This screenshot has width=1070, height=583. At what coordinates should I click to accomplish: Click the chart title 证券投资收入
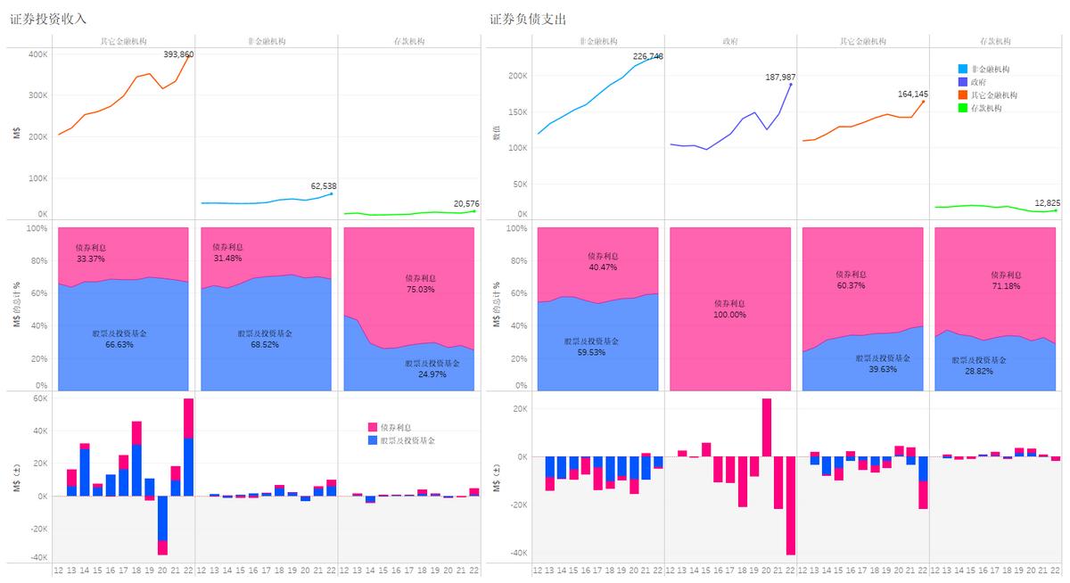coord(48,19)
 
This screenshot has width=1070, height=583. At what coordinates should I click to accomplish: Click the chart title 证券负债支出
coord(528,19)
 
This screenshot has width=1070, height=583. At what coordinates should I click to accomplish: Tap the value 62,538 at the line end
coord(324,186)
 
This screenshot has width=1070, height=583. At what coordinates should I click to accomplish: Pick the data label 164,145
coord(913,94)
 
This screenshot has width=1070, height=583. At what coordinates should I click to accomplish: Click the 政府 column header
coord(729,41)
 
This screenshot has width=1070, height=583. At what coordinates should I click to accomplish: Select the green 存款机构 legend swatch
coord(961,108)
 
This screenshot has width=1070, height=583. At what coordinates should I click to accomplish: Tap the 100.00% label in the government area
coord(729,315)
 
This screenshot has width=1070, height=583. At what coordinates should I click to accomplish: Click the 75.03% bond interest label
coord(420,289)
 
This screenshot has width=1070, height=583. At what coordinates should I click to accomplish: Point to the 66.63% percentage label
coord(119,344)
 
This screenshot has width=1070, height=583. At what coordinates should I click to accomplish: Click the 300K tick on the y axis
coord(37,95)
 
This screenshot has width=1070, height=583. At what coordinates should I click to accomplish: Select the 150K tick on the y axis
coord(516,112)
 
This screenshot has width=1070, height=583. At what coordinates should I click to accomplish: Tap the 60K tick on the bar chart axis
coord(39,398)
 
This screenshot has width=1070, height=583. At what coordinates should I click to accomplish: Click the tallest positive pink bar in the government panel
coord(767,427)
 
